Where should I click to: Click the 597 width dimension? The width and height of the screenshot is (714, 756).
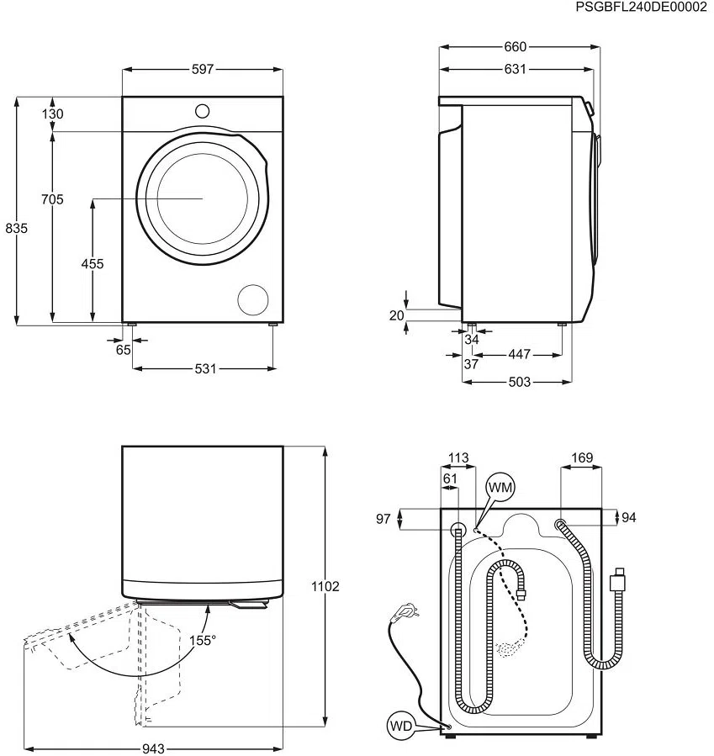point(203,69)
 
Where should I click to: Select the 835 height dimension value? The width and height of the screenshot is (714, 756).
point(16,228)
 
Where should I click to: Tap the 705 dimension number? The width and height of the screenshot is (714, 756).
point(52,199)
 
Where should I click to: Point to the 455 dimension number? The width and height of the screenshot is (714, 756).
point(93,263)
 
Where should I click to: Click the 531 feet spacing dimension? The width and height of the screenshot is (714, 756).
point(205,368)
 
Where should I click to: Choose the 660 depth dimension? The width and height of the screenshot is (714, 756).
point(515,47)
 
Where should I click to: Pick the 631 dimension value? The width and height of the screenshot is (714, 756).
point(515,69)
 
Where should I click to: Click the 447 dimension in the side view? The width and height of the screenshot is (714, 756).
point(519,354)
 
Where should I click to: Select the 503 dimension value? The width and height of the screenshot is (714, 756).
point(519,382)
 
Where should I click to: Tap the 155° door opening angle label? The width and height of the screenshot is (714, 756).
point(202,640)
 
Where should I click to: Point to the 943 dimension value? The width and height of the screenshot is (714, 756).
point(152,748)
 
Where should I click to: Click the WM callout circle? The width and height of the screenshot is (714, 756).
point(500,486)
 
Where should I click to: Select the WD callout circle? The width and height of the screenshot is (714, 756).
point(400,725)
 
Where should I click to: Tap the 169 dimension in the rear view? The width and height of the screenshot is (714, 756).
point(581,458)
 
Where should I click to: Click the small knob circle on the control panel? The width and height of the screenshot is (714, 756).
point(203,110)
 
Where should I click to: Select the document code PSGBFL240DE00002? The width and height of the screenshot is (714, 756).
point(641,7)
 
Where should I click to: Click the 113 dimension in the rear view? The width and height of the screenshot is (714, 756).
point(458,458)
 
